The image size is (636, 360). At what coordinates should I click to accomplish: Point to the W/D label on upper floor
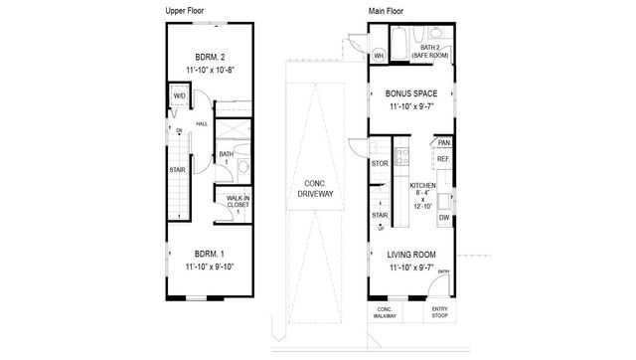pyautogui.click(x=179, y=96)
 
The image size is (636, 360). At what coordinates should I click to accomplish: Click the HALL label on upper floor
pyautogui.click(x=201, y=124)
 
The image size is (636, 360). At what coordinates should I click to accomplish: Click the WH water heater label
pyautogui.click(x=379, y=56)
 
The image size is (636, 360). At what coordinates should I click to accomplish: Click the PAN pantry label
pyautogui.click(x=443, y=142)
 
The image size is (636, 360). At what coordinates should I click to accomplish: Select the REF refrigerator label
pyautogui.click(x=443, y=159)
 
